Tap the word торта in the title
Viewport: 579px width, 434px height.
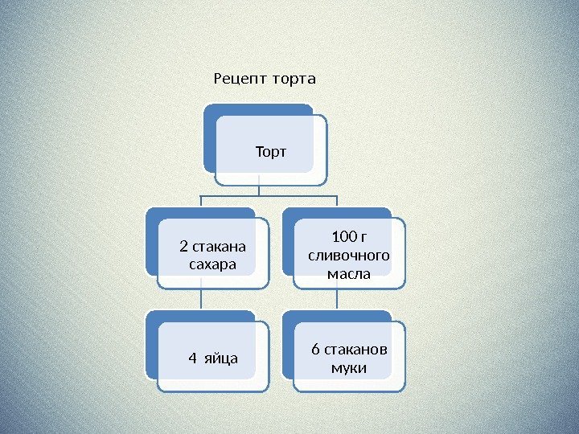(x=294, y=80)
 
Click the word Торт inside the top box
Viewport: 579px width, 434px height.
(x=271, y=151)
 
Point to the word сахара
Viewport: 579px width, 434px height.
(x=212, y=264)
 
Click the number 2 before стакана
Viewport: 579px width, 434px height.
(x=183, y=247)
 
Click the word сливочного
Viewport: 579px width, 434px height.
(x=349, y=256)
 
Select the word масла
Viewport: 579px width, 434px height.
(x=349, y=274)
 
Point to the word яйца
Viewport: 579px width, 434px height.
(x=222, y=357)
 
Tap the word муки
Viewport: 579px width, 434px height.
(x=349, y=368)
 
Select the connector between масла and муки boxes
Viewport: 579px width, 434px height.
(x=336, y=299)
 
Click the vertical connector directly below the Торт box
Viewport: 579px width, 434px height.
(x=259, y=187)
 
